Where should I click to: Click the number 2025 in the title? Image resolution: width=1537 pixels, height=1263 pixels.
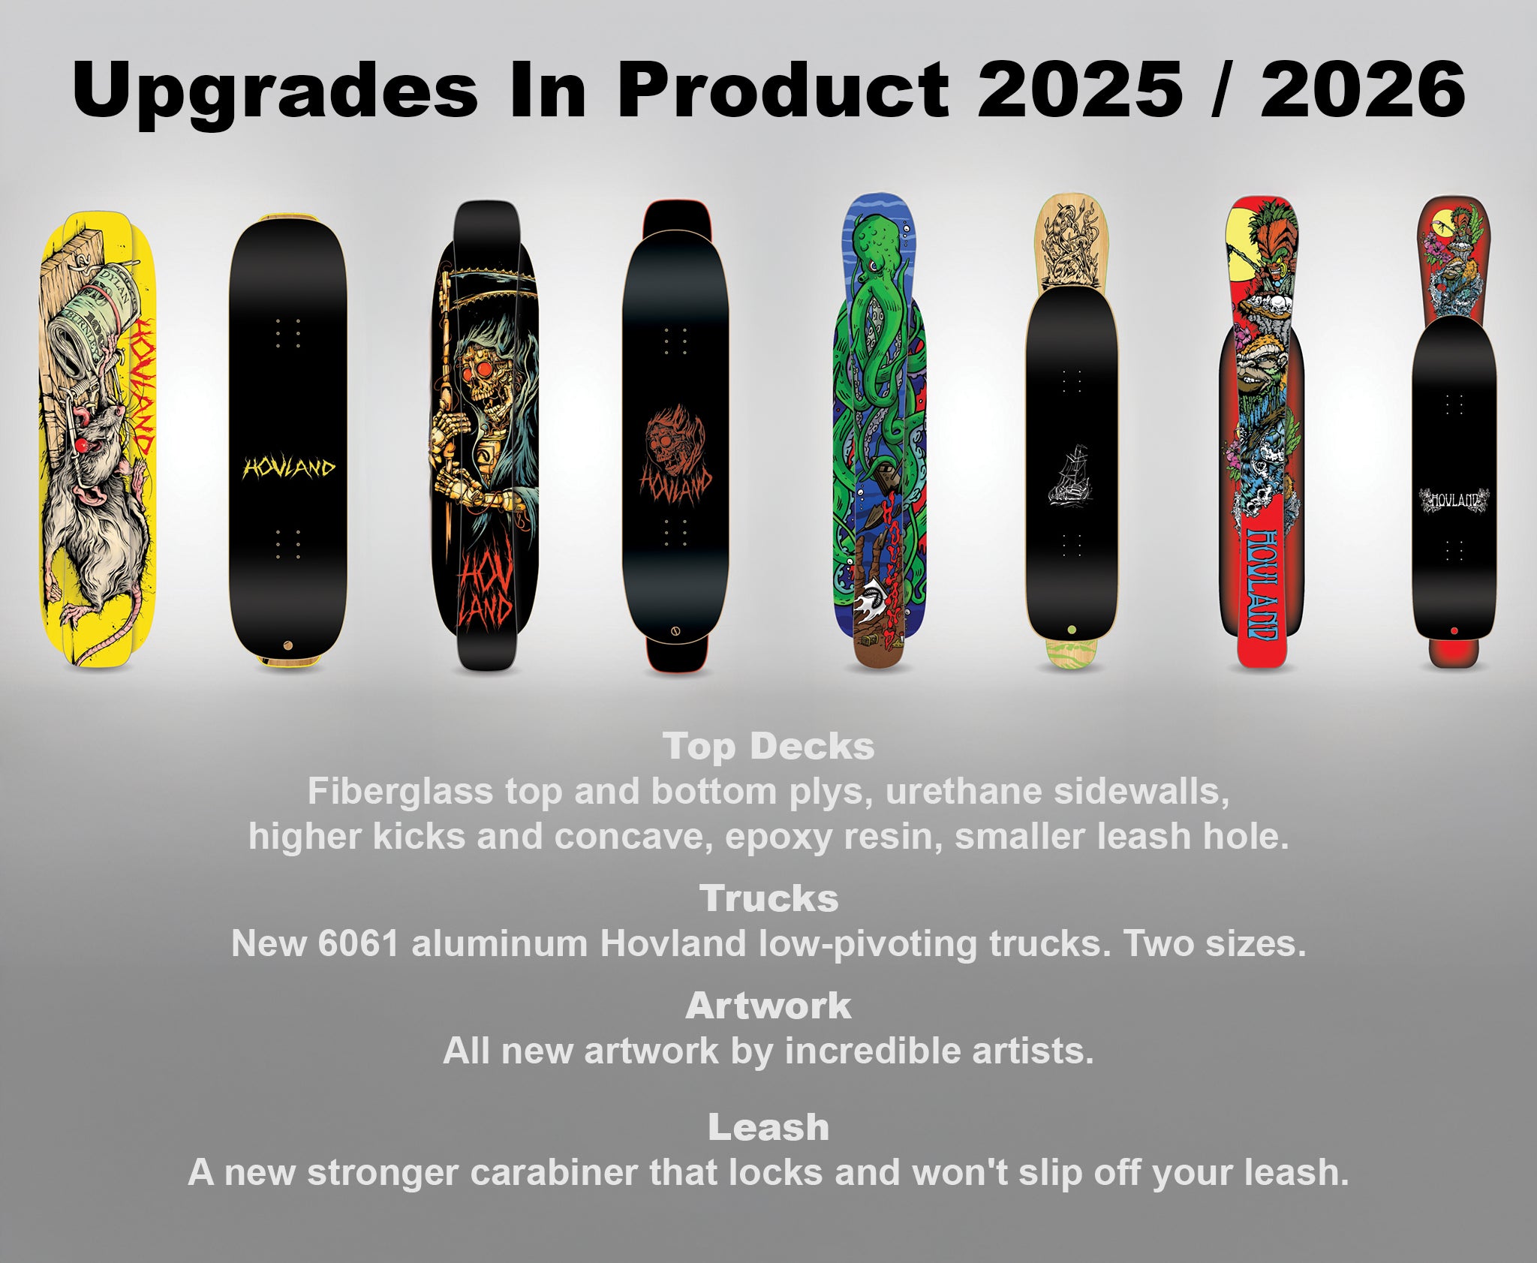click(x=1079, y=89)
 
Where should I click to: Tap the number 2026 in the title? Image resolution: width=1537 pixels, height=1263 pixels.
click(x=1362, y=89)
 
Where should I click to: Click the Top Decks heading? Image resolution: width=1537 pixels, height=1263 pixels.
click(x=768, y=747)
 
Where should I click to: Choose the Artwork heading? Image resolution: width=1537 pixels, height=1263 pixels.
click(x=768, y=1006)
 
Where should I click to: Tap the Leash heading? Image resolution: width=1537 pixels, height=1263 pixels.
click(x=768, y=1127)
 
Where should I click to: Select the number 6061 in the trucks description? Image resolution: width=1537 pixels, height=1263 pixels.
click(x=358, y=943)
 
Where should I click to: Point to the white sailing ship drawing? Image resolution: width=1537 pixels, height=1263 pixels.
click(x=1071, y=474)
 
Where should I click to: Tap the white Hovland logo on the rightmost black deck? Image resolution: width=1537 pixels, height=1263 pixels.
click(x=1454, y=500)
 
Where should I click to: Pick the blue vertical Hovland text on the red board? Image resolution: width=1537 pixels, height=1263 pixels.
click(x=1262, y=584)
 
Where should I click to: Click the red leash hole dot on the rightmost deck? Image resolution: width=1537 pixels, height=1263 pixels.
click(x=1454, y=630)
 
